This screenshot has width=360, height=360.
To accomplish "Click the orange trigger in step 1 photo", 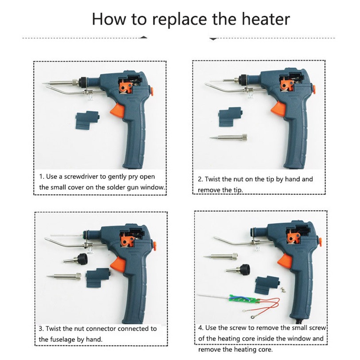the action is click(118, 110).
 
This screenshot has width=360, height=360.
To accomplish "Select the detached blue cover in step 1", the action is click(87, 120).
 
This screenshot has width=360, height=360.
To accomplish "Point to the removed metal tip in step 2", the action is click(228, 138).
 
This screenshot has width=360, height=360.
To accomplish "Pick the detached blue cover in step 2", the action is click(230, 117).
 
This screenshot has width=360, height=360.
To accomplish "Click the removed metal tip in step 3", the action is click(64, 276).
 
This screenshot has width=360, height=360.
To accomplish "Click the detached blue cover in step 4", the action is click(267, 285).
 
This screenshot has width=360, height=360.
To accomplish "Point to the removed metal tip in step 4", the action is click(220, 256).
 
